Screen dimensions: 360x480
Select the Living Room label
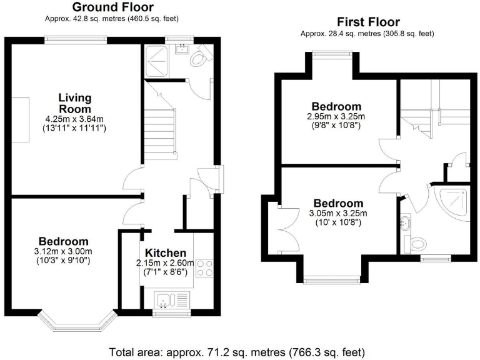pos(75,103)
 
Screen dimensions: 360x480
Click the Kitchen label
pos(162,253)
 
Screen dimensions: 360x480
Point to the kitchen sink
pos(164,301)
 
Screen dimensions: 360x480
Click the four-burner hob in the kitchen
pos(204,268)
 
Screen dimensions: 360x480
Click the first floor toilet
pos(414,243)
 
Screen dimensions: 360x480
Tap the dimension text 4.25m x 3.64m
pos(75,119)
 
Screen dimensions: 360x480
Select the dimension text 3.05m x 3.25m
pos(337,214)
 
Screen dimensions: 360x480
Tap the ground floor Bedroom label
pos(63,241)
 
